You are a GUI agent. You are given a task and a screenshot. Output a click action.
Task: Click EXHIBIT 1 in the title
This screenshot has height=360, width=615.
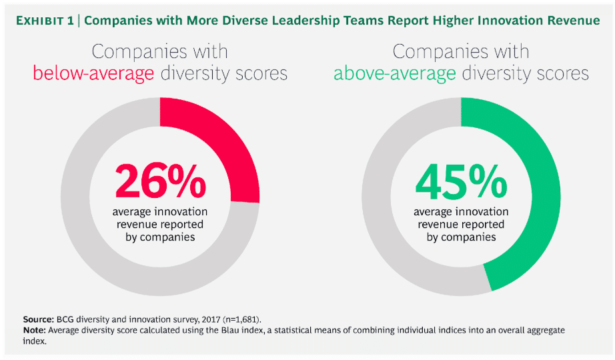click(x=48, y=20)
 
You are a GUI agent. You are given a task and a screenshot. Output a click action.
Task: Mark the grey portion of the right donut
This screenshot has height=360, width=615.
click(x=387, y=233)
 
